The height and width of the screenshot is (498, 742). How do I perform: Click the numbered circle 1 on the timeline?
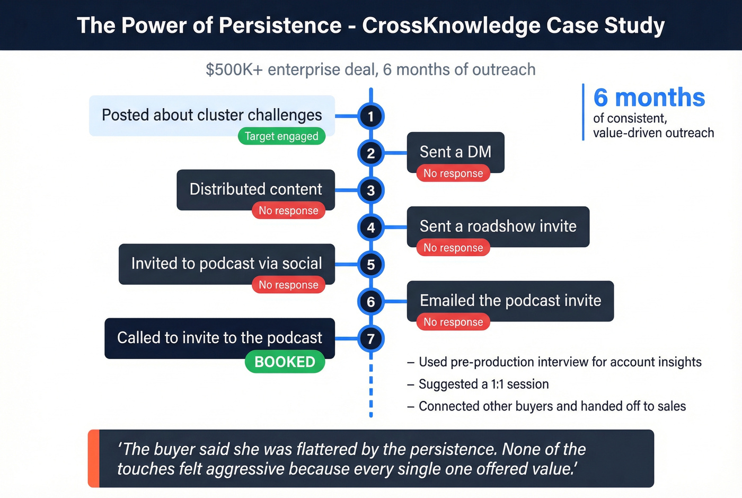point(371,116)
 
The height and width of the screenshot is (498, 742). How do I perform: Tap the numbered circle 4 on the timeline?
point(371,228)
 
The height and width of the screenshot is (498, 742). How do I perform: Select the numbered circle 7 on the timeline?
point(371,339)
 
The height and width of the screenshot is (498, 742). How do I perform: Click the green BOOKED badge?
point(285,362)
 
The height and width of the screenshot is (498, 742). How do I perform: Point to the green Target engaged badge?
point(281,136)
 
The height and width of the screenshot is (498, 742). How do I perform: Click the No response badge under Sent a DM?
point(453,173)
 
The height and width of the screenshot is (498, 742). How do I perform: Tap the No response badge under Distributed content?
point(288,211)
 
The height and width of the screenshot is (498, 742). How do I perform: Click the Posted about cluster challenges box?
point(211,115)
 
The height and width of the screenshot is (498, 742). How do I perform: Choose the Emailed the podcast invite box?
point(510,300)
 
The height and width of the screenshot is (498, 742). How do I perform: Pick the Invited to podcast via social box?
point(226,263)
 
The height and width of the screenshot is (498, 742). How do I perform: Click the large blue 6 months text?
point(649,98)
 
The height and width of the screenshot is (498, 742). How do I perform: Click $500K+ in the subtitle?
point(234,69)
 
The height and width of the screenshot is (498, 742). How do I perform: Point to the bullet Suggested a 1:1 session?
point(483,384)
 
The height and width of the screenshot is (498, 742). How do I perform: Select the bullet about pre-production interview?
point(560,362)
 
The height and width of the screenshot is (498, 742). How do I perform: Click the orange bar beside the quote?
point(93,458)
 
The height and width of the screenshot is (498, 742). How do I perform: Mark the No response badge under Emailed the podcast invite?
point(453,322)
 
